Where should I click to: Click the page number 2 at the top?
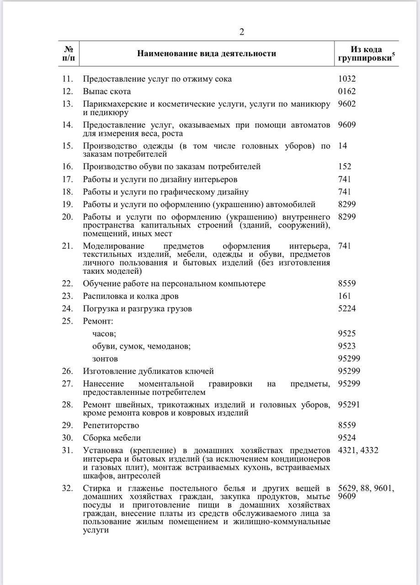pyautogui.click(x=242, y=32)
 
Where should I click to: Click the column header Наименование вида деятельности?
pyautogui.click(x=207, y=53)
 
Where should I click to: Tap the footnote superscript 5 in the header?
pyautogui.click(x=393, y=55)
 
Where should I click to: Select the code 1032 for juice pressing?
pyautogui.click(x=346, y=79)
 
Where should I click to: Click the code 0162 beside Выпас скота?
pyautogui.click(x=346, y=91)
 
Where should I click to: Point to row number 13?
pyautogui.click(x=68, y=104)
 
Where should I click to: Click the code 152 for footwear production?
pyautogui.click(x=345, y=167)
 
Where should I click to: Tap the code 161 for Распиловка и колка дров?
pyautogui.click(x=345, y=296)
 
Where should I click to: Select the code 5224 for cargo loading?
pyautogui.click(x=346, y=309)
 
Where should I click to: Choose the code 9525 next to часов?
pyautogui.click(x=346, y=334)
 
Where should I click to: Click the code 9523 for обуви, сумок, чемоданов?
pyautogui.click(x=346, y=346)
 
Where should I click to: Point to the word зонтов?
pyautogui.click(x=105, y=359)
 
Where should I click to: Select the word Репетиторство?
pyautogui.click(x=111, y=425)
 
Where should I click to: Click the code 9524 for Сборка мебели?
pyautogui.click(x=346, y=438)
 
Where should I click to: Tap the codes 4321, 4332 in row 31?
pyautogui.click(x=358, y=451)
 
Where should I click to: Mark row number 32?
pyautogui.click(x=68, y=489)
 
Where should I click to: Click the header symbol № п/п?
pyautogui.click(x=69, y=53)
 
